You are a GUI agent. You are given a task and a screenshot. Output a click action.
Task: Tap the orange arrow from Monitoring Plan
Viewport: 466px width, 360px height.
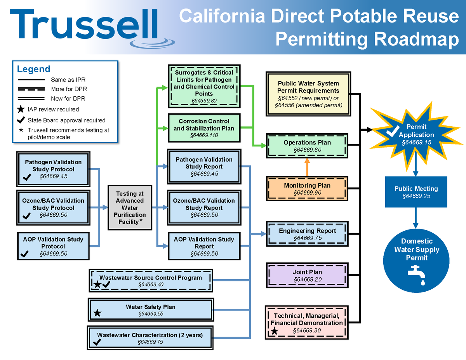(307, 167)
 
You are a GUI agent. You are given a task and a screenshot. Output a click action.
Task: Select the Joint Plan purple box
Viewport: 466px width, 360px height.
(307, 276)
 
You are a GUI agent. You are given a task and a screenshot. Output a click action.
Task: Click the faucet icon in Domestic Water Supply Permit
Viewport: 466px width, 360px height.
(417, 275)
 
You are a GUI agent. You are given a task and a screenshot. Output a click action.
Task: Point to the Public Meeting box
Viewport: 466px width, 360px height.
(416, 192)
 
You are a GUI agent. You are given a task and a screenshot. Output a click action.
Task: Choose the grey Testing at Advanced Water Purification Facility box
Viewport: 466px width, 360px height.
(130, 207)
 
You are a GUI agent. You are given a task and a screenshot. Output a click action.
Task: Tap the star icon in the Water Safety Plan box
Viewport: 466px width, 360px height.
(97, 313)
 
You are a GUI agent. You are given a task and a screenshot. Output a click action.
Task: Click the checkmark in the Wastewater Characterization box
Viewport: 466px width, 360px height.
(97, 342)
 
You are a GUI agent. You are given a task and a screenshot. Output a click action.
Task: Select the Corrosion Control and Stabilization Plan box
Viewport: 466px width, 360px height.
(204, 128)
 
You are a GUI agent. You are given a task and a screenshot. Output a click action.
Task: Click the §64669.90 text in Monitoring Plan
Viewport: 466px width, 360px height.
(307, 193)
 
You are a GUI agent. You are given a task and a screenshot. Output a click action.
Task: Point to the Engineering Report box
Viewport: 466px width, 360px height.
(307, 234)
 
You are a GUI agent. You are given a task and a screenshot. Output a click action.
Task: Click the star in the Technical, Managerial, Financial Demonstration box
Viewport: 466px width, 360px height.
(275, 331)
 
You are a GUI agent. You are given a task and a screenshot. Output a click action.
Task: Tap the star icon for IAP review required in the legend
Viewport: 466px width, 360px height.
(22, 109)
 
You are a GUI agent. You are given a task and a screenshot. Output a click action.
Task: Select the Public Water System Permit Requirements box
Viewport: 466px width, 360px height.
(308, 94)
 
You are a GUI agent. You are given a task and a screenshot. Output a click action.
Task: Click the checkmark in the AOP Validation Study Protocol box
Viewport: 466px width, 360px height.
(24, 254)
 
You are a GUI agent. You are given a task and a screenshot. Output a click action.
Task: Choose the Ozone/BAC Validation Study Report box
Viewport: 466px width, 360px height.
(204, 207)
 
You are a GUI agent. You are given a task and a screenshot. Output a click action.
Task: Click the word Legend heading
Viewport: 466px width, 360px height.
(33, 69)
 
